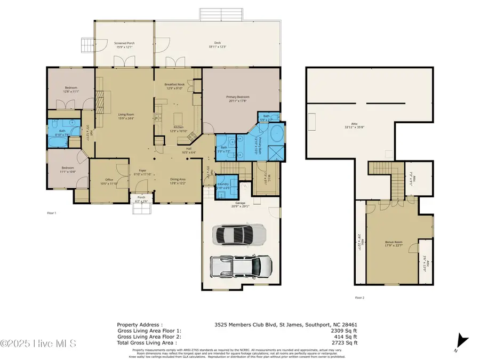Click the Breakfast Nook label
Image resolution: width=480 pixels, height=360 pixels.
174,87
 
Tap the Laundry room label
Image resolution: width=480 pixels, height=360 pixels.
223,185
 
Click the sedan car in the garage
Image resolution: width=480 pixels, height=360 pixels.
239,234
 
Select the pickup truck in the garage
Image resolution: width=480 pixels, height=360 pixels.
241,266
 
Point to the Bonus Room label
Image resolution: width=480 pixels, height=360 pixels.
394,244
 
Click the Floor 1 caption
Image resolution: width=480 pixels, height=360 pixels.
52,213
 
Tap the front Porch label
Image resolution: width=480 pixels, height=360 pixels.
141,199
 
